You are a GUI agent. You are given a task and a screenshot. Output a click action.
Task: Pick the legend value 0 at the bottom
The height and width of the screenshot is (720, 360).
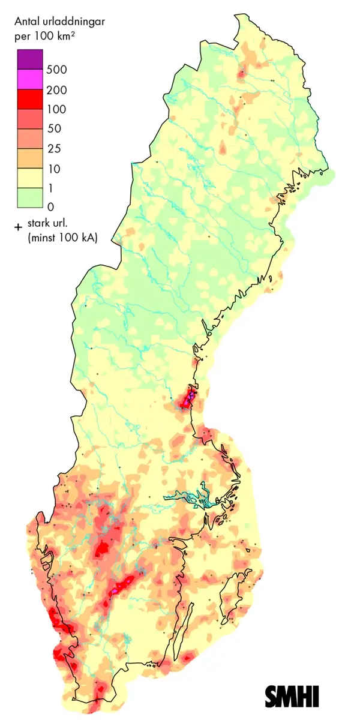pos(51,206)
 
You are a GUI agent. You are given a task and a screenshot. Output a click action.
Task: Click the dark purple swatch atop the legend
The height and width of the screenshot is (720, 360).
pos(29,59)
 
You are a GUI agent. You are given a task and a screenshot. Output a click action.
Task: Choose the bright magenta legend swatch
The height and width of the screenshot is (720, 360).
pos(29,79)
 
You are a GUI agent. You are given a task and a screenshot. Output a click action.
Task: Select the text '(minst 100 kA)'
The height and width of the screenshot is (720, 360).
pos(62,238)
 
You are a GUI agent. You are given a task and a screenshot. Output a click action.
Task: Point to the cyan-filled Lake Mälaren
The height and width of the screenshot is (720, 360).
pos(189,497)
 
